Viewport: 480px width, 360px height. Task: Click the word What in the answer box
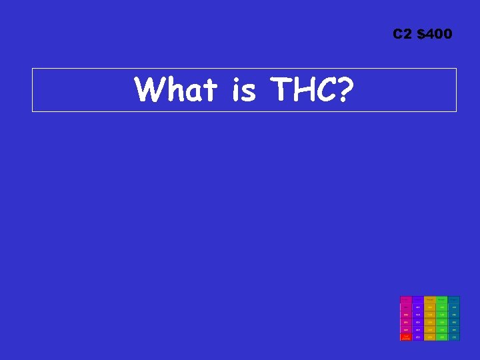tap(175, 90)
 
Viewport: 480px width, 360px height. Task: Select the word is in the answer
tap(243, 90)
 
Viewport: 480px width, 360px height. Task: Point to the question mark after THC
tap(343, 90)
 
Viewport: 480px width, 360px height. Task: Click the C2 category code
tap(403, 34)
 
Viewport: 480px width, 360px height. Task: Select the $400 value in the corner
tap(435, 34)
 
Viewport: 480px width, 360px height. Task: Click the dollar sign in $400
tap(421, 34)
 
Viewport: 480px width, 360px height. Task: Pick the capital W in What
tap(149, 90)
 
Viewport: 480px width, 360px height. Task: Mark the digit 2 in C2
tap(407, 34)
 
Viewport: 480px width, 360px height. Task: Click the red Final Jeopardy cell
tap(405, 337)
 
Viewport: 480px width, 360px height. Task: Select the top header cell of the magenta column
tap(405, 299)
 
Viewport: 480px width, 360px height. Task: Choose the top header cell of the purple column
tap(418, 299)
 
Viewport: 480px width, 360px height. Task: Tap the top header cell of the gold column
tap(430, 299)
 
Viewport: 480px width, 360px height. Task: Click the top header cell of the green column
tap(442, 299)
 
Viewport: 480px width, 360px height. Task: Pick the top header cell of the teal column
tap(454, 299)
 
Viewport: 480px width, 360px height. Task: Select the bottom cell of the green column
tap(442, 337)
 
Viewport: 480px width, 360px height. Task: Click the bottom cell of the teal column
tap(454, 337)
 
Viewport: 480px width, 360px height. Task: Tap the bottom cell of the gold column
tap(430, 337)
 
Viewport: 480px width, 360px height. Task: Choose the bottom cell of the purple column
tap(418, 337)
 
